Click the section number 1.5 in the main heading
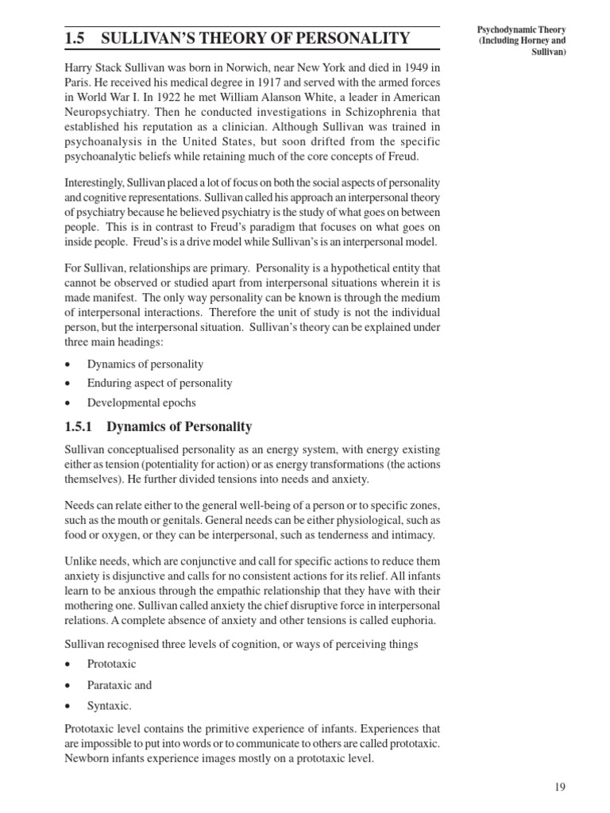75,37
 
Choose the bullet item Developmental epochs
141,402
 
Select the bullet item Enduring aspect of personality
160,383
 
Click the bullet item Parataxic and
119,685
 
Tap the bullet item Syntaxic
110,705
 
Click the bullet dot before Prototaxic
69,665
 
